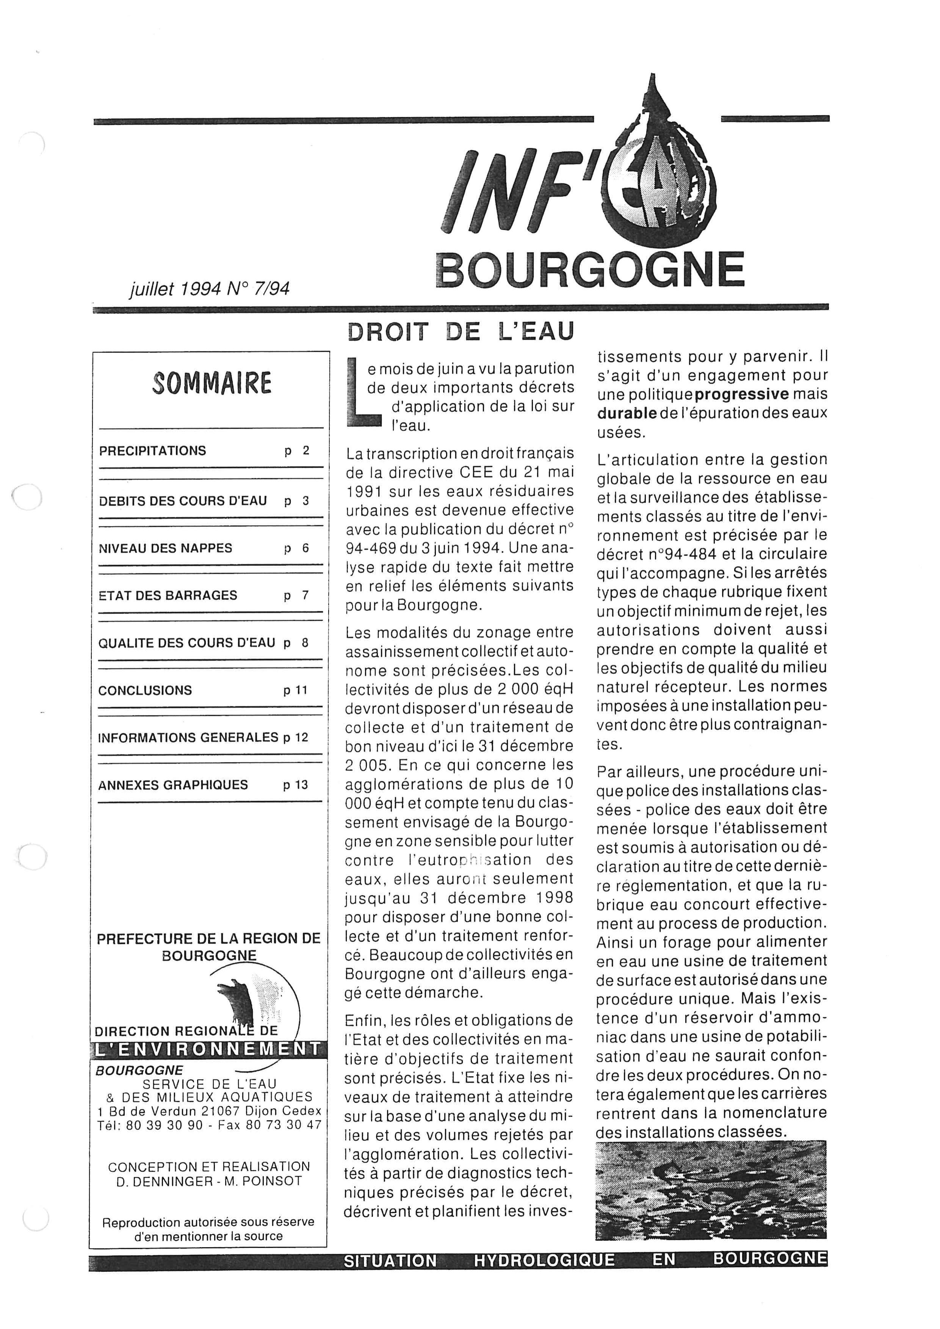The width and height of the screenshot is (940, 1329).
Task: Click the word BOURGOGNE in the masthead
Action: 589,270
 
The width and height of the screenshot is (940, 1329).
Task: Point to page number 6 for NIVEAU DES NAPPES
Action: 305,548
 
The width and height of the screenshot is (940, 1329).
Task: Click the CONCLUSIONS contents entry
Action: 145,690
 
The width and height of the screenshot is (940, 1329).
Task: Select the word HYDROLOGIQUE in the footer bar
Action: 544,1260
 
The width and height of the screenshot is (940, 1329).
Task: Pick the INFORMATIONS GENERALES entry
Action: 188,738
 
